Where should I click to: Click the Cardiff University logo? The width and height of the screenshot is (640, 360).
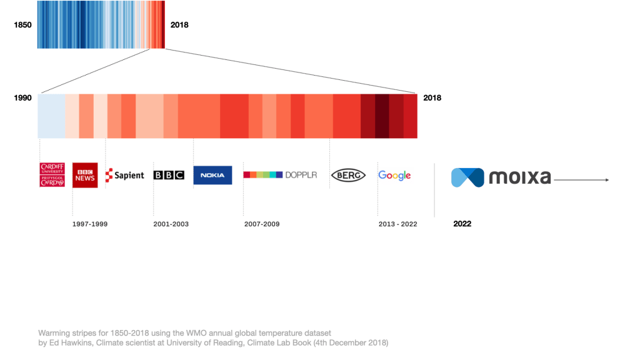(x=52, y=175)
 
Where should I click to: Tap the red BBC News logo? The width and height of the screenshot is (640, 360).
(x=85, y=175)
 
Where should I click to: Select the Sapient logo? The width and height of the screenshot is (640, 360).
(x=125, y=176)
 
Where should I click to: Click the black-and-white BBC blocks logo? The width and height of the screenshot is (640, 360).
(x=169, y=176)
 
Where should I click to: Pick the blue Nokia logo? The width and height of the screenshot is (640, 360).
(x=212, y=175)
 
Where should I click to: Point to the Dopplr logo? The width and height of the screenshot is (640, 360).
(x=280, y=175)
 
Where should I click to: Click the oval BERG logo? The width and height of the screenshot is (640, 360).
(x=348, y=176)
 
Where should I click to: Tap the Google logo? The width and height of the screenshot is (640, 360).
(x=394, y=176)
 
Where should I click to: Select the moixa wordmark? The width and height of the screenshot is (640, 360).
(x=519, y=178)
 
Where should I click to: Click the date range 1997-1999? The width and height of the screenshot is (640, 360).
(x=90, y=224)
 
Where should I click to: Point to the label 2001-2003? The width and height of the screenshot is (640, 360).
(x=171, y=224)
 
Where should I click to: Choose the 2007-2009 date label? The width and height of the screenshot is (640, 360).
(x=262, y=224)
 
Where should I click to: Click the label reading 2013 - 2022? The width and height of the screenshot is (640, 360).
(x=397, y=224)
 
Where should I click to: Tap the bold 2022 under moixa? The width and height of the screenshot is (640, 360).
(x=462, y=224)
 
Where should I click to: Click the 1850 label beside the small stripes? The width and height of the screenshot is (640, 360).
(x=22, y=25)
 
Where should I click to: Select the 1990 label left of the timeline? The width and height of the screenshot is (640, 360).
(x=22, y=98)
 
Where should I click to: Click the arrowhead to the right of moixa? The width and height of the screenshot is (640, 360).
(x=606, y=180)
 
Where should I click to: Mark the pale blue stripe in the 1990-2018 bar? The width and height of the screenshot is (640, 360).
(x=51, y=116)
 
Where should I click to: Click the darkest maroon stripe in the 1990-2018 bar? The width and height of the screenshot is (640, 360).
(x=382, y=116)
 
